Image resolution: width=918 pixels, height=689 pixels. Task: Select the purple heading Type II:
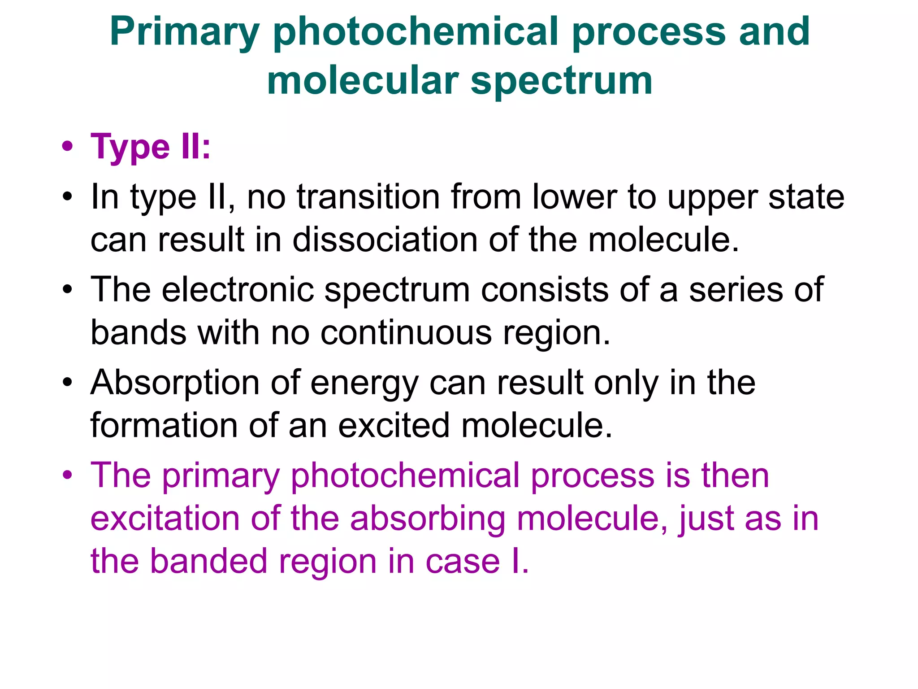point(151,147)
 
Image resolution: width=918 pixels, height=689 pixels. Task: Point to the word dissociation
point(385,240)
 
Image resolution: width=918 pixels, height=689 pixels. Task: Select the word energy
point(364,384)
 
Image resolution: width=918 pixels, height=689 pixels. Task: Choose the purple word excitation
point(165,518)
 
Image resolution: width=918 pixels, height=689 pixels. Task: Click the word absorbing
point(428,519)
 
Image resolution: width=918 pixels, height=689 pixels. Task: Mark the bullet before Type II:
point(68,147)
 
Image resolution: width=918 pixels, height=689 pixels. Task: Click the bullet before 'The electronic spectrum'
point(68,289)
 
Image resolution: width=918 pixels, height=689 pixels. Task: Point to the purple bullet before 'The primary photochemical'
point(68,475)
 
